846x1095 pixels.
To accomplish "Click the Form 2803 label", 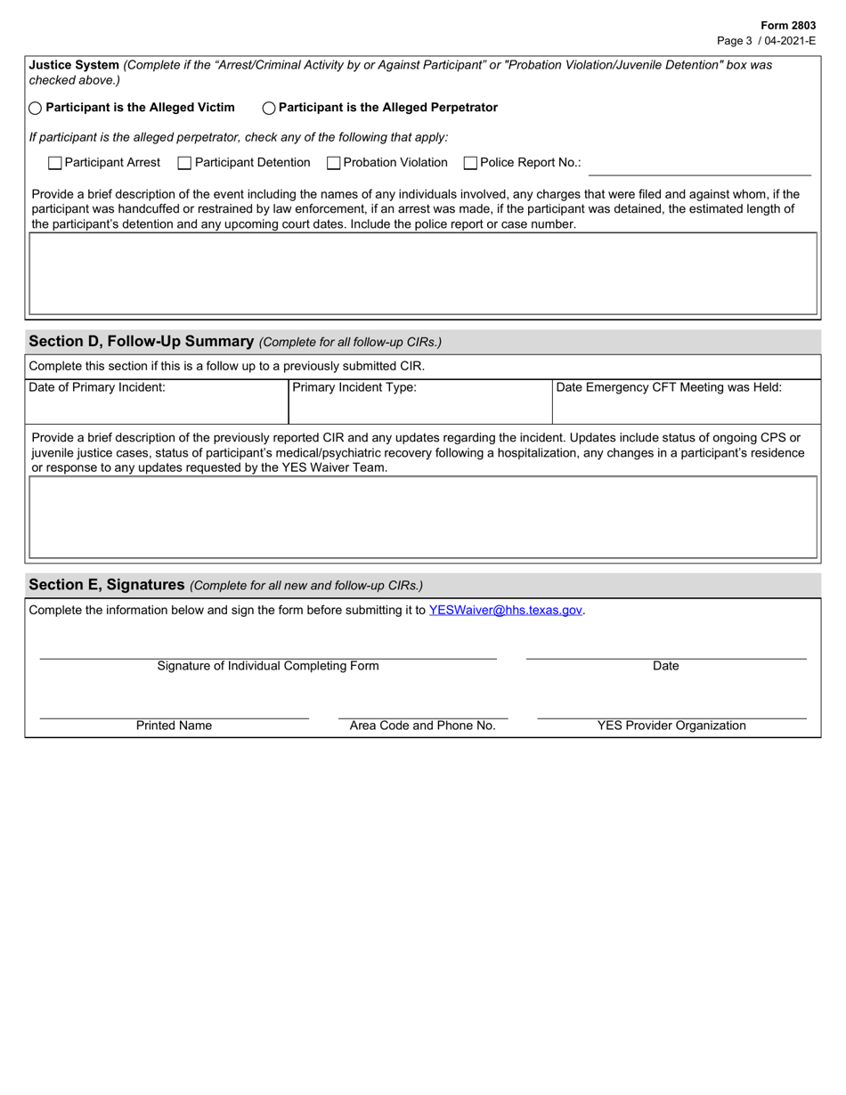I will (x=787, y=26).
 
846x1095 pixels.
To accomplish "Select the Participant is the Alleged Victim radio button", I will (x=36, y=109).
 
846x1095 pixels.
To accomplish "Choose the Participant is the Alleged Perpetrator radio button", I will (x=269, y=109).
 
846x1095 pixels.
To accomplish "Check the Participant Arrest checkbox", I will (x=55, y=163).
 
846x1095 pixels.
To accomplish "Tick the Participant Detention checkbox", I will (x=185, y=163).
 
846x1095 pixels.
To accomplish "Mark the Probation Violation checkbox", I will (x=334, y=163).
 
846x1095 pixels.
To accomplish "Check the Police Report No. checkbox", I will (x=471, y=163).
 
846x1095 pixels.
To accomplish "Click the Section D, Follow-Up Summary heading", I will (x=142, y=342).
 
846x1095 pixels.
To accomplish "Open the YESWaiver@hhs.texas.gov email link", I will (x=505, y=611).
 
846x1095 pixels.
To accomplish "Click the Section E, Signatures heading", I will (x=106, y=585).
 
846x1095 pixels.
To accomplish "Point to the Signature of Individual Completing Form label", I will (x=267, y=666).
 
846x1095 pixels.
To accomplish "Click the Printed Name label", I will (x=174, y=726).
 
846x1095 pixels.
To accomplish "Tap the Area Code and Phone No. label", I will (x=422, y=726).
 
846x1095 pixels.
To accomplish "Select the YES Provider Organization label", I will (x=671, y=726).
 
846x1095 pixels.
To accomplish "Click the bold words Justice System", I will (x=74, y=65).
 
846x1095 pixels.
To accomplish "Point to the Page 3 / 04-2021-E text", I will (x=766, y=41).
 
